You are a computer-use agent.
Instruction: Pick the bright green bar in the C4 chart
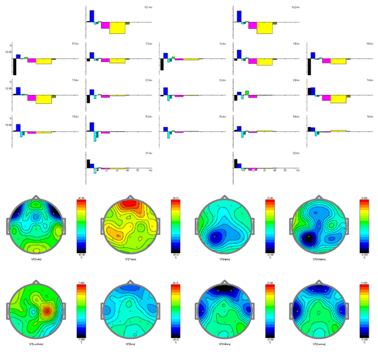(x=247, y=93)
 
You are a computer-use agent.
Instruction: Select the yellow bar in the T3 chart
(x=43, y=99)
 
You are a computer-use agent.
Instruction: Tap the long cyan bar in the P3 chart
(x=96, y=137)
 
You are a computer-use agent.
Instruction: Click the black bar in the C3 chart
(x=88, y=99)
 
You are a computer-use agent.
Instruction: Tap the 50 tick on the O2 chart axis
(x=285, y=171)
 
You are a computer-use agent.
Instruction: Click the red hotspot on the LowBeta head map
(x=46, y=311)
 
